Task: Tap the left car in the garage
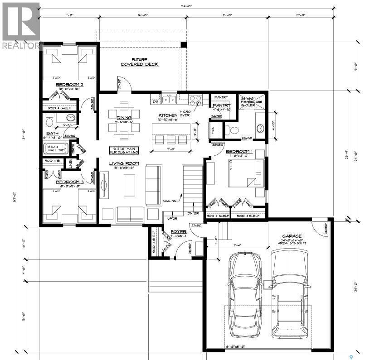[x=245, y=294]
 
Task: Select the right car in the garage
[x=290, y=294]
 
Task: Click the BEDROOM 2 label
[x=69, y=85]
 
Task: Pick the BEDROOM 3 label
[x=69, y=182]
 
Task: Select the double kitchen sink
[x=170, y=99]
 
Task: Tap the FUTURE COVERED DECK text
[x=139, y=62]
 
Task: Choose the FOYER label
[x=178, y=231]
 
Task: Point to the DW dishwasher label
[x=155, y=102]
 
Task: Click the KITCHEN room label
[x=168, y=116]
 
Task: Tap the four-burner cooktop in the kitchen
[x=196, y=99]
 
